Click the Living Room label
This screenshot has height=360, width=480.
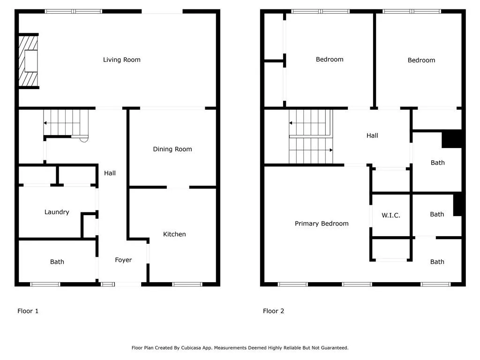pyautogui.click(x=121, y=60)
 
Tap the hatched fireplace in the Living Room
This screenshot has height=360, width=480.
pyautogui.click(x=28, y=61)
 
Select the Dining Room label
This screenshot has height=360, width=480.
pyautogui.click(x=172, y=149)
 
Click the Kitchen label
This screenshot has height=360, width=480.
pyautogui.click(x=174, y=234)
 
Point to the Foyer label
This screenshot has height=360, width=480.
pyautogui.click(x=123, y=260)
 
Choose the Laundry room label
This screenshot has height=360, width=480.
pyautogui.click(x=57, y=212)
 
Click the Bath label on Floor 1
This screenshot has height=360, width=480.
pyautogui.click(x=57, y=262)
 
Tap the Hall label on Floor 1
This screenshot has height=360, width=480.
pyautogui.click(x=110, y=173)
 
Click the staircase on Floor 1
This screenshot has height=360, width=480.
pyautogui.click(x=66, y=123)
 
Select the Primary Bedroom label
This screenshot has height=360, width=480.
pyautogui.click(x=322, y=224)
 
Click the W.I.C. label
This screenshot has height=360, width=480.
pyautogui.click(x=390, y=215)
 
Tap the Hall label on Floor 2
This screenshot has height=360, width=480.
pyautogui.click(x=372, y=135)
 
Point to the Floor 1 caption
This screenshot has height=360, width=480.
pyautogui.click(x=28, y=311)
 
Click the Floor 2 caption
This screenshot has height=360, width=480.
pyautogui.click(x=273, y=311)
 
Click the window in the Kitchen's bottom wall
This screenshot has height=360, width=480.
pyautogui.click(x=187, y=284)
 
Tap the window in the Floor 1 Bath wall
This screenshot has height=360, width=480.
pyautogui.click(x=45, y=284)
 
